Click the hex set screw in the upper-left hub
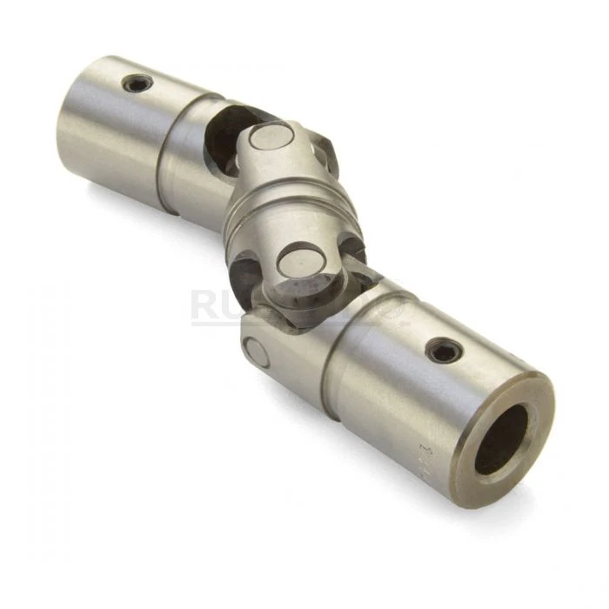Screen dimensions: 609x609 137,84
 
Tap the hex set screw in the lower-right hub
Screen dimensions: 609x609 445,350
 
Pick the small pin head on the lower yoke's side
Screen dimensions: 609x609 256,351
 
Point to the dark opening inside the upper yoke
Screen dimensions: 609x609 228,130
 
